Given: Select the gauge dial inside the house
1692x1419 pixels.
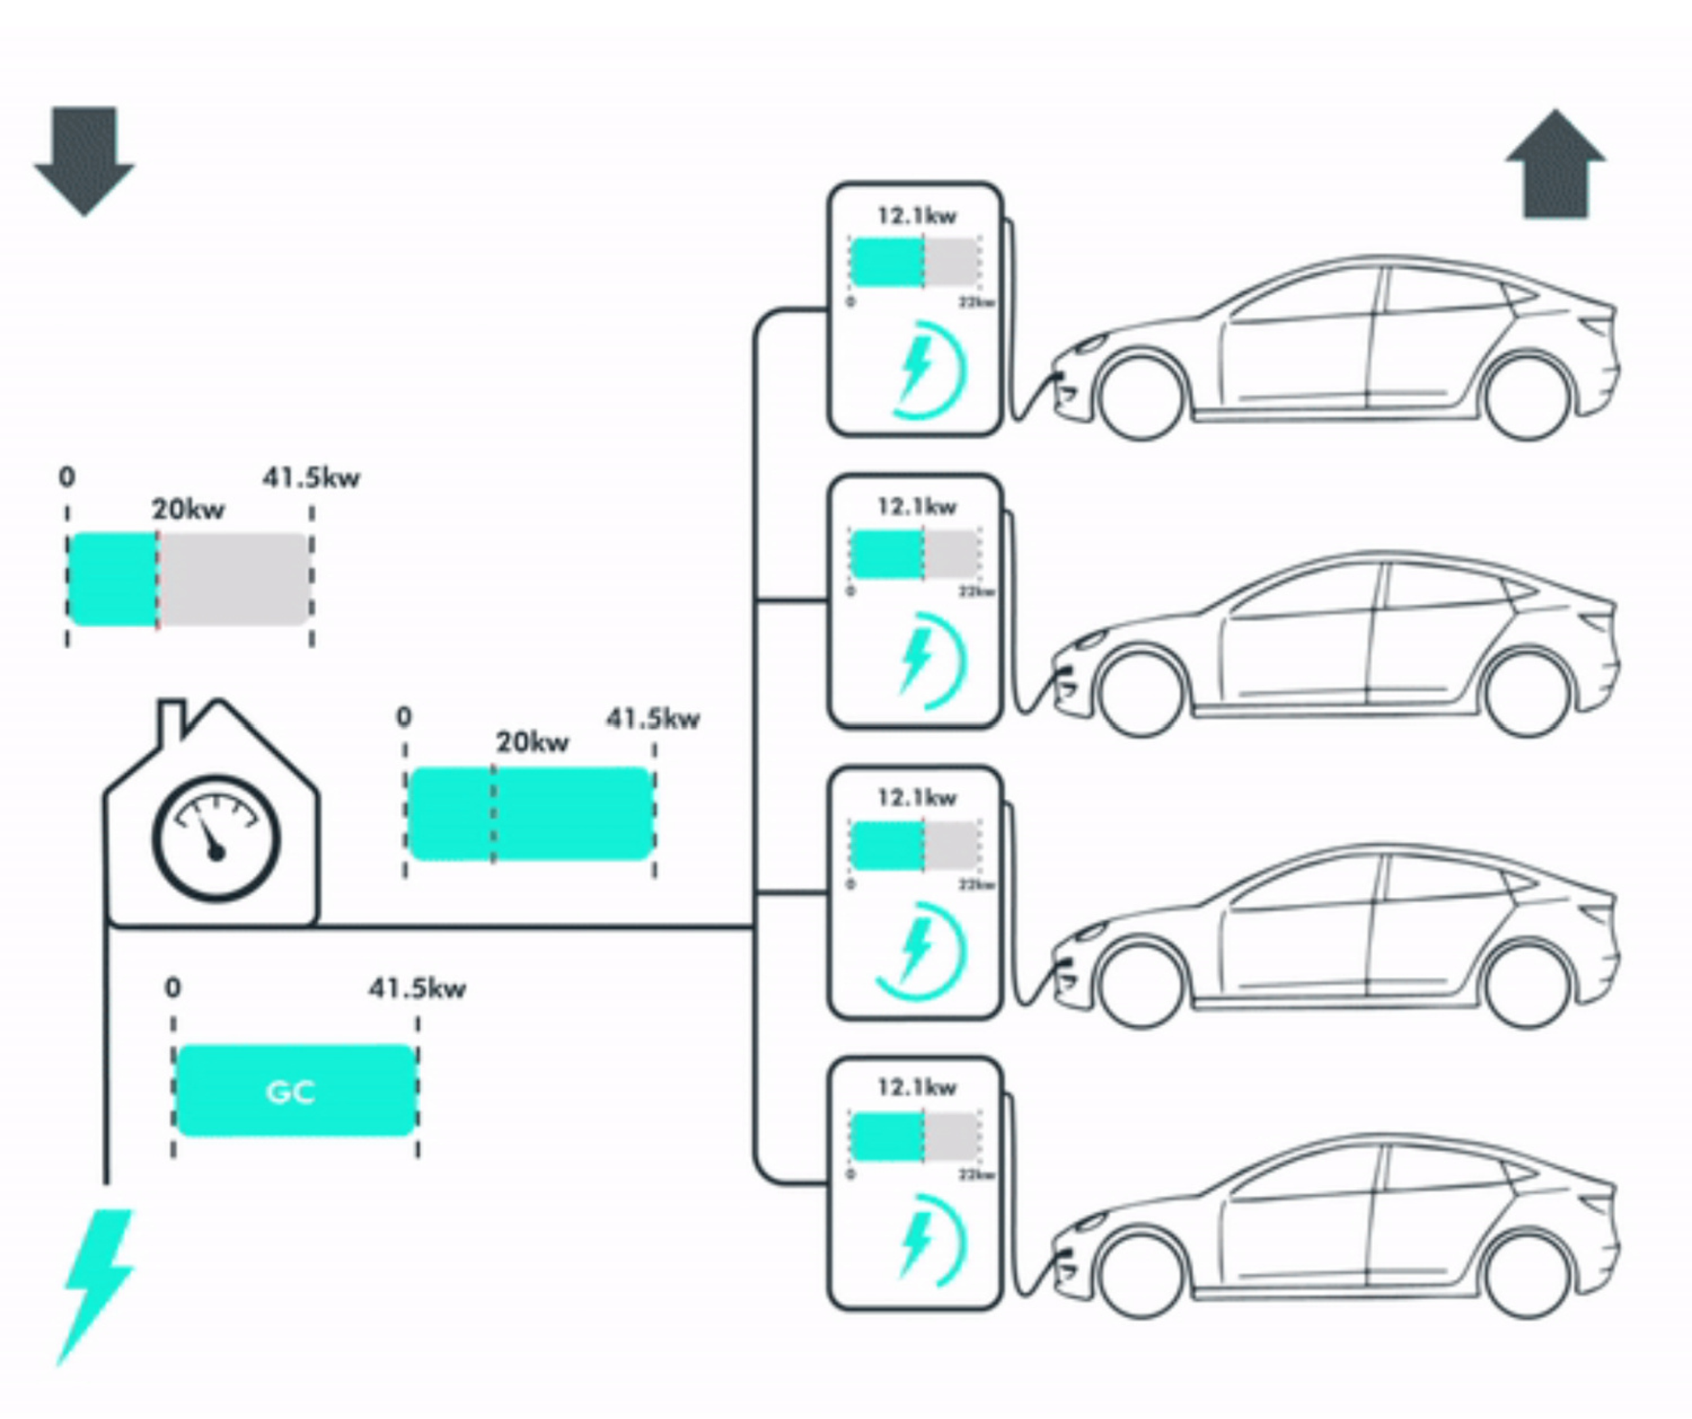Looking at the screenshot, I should pyautogui.click(x=216, y=838).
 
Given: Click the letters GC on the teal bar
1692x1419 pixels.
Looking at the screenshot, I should pyautogui.click(x=290, y=1092).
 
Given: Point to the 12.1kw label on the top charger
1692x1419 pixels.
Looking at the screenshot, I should pyautogui.click(x=916, y=216).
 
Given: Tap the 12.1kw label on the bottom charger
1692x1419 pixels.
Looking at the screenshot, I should pyautogui.click(x=916, y=1088).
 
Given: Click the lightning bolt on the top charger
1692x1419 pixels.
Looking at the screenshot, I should pyautogui.click(x=916, y=367).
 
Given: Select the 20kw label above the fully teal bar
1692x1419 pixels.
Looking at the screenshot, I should pyautogui.click(x=532, y=742).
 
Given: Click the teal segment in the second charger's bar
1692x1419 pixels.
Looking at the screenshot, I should pyautogui.click(x=887, y=554).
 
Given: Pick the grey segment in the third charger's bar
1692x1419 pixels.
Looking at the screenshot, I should pyautogui.click(x=952, y=846).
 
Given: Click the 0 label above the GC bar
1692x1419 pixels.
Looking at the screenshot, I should pyautogui.click(x=173, y=988).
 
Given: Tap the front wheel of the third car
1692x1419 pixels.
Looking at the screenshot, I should pyautogui.click(x=1142, y=984).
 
